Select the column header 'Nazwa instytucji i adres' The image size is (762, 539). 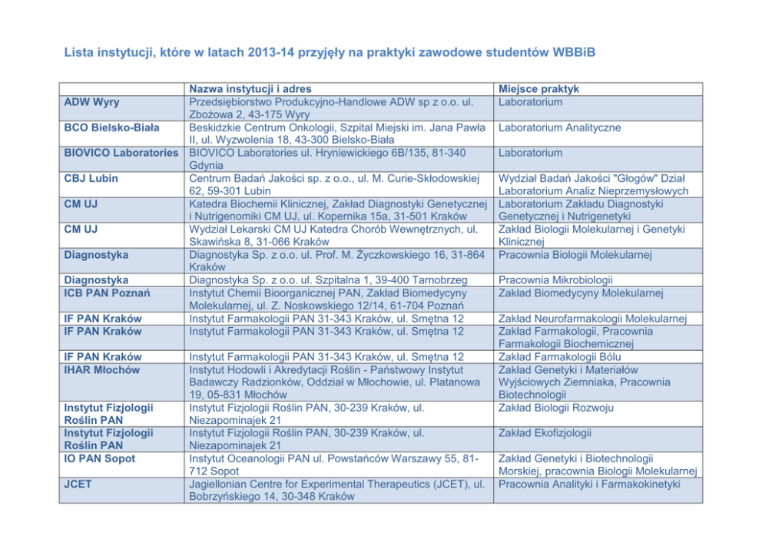click(x=250, y=89)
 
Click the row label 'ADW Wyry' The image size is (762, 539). click(x=91, y=102)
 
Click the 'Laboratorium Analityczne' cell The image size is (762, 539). click(x=559, y=127)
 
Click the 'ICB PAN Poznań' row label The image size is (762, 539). click(x=107, y=293)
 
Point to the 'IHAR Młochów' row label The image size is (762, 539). click(x=102, y=369)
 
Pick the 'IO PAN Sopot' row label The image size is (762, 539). click(x=100, y=458)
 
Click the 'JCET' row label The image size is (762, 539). click(x=79, y=484)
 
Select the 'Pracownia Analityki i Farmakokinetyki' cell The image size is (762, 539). click(x=589, y=484)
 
